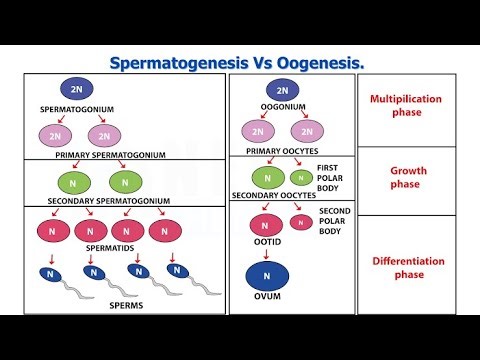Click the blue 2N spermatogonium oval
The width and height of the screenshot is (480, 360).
click(76, 89)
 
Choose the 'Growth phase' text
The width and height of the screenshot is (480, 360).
click(415, 178)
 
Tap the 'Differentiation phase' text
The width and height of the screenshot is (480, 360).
click(415, 267)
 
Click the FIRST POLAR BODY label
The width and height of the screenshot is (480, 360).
click(332, 176)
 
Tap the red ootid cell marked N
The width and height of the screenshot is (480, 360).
click(265, 225)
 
